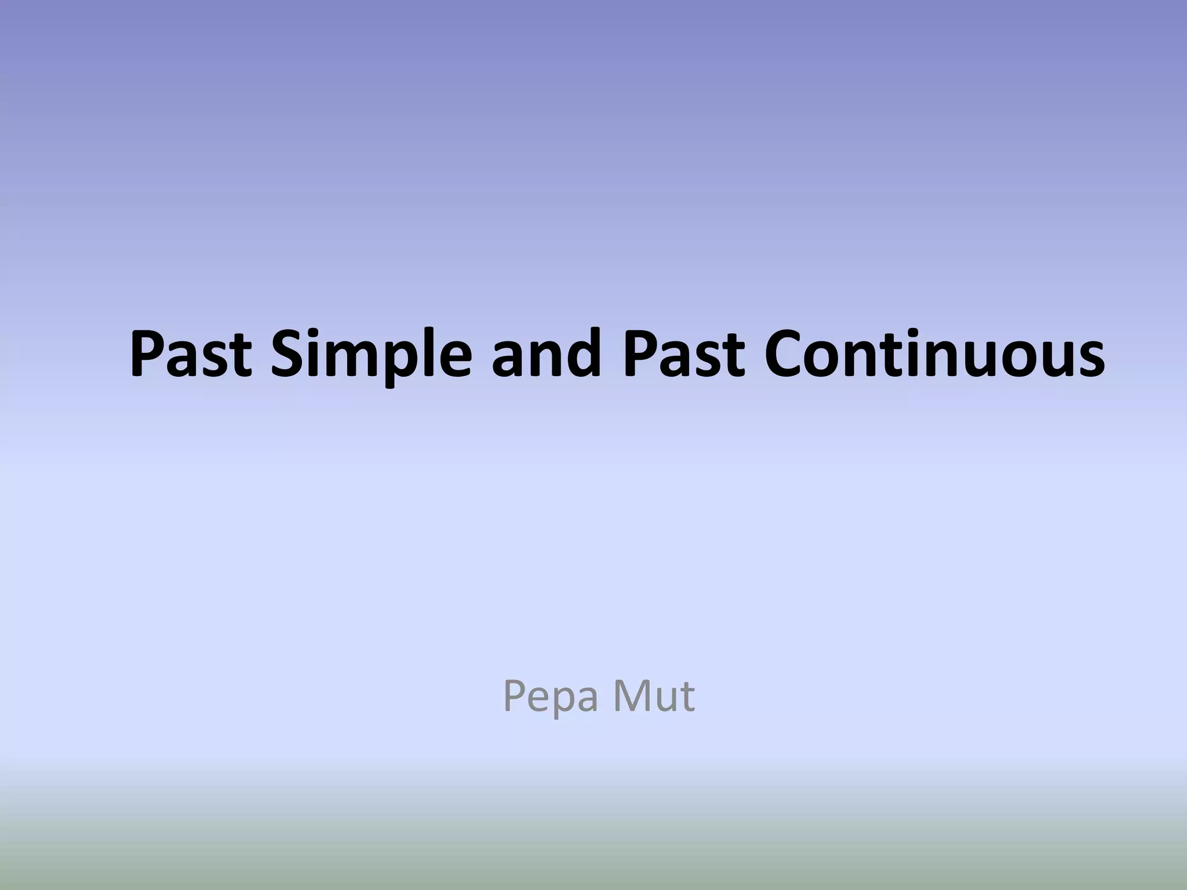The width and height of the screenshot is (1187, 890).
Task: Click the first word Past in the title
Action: pos(191,353)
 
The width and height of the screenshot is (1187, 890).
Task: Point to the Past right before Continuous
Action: pos(683,353)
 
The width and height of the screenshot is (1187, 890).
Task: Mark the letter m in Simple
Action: pos(358,359)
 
